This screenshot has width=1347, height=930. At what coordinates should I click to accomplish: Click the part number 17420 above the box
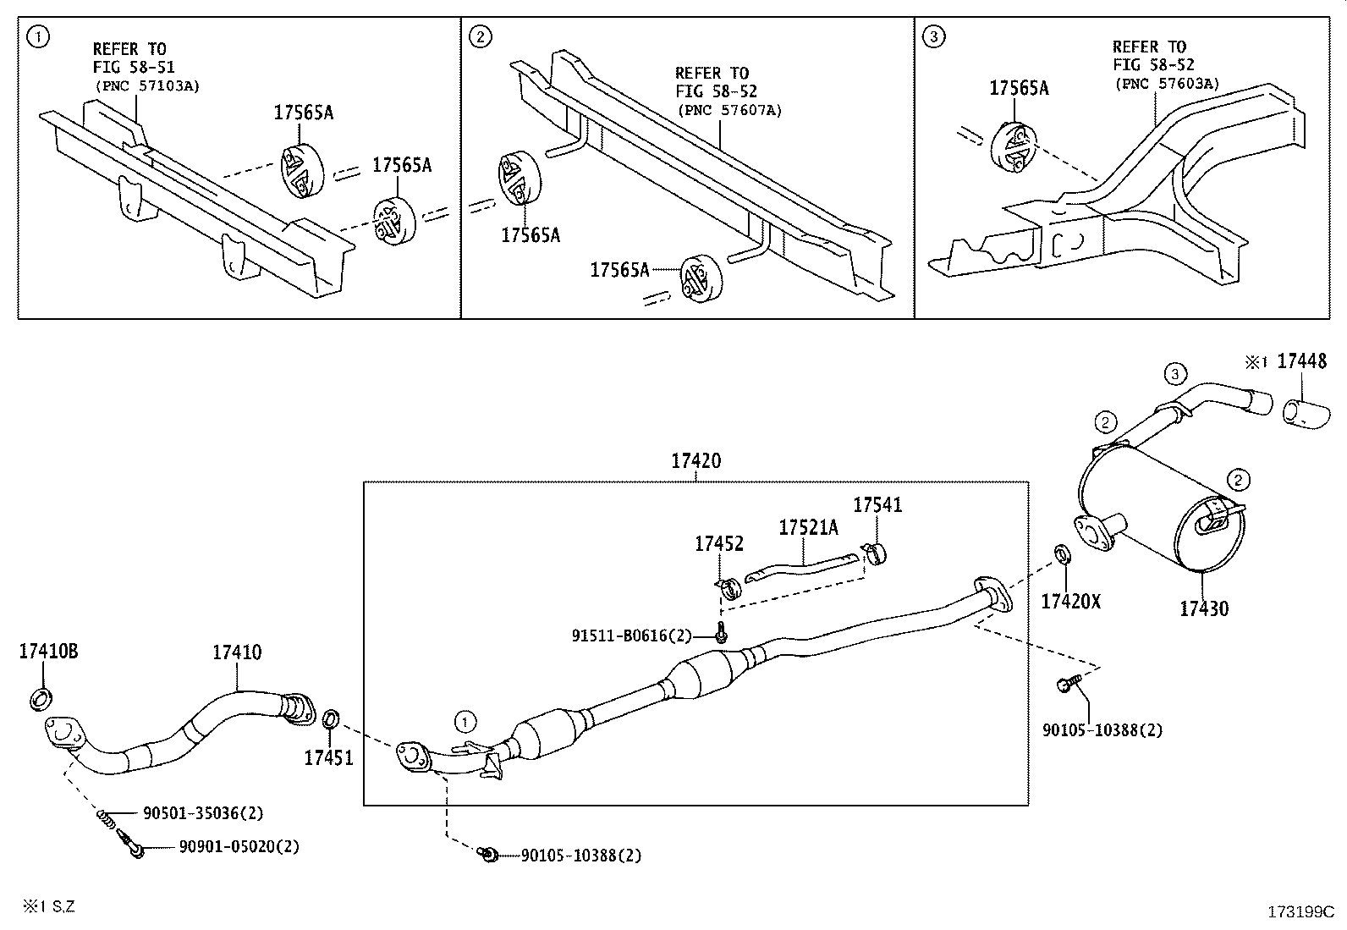(x=695, y=461)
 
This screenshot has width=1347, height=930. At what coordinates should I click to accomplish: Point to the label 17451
(x=328, y=757)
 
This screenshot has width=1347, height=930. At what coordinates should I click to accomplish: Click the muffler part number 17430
(x=1203, y=608)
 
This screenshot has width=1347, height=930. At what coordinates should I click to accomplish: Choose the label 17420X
(x=1070, y=601)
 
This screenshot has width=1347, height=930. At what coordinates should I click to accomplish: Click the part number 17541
(x=877, y=505)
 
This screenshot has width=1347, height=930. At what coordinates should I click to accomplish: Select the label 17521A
(x=808, y=527)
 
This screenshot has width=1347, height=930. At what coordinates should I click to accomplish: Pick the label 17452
(x=718, y=544)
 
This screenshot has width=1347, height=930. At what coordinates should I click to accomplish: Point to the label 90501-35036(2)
(x=203, y=813)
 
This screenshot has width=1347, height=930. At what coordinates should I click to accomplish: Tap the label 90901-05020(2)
(x=239, y=846)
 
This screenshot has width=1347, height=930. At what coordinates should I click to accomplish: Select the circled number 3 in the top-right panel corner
(x=933, y=36)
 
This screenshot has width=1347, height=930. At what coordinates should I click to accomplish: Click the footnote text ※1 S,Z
(x=49, y=906)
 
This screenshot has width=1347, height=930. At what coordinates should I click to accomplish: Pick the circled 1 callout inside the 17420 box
(x=464, y=721)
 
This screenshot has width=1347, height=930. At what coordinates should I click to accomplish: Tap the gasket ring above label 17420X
(x=1061, y=555)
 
